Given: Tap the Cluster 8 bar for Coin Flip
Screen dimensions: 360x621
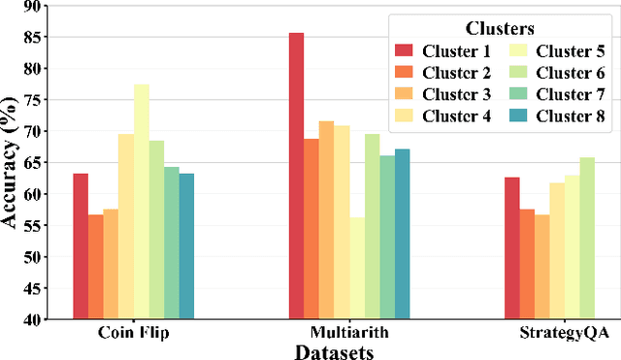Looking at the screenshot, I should click(x=186, y=246).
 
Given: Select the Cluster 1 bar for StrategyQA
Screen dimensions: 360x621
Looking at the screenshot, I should click(x=510, y=248).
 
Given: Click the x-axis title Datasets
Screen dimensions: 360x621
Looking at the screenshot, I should click(x=335, y=351).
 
